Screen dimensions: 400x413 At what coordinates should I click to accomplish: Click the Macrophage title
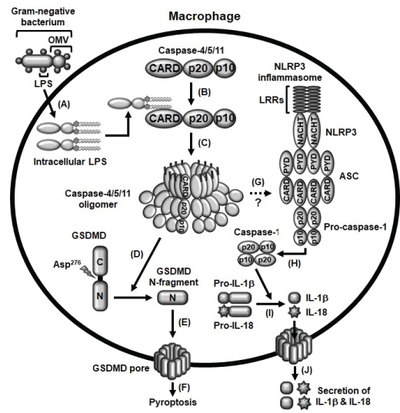pos(205,17)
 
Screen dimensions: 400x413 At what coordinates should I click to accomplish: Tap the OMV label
pos(58,40)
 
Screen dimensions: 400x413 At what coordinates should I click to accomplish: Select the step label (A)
pos(64,105)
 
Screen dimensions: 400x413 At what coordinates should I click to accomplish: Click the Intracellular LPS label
pos(70,162)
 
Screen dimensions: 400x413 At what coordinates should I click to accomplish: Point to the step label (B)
pos(204,92)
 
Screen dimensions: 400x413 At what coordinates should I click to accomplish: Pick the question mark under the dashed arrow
pos(258,203)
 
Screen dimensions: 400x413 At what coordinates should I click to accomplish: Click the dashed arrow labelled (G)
pos(260,194)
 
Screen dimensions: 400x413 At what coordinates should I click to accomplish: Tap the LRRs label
pos(272,100)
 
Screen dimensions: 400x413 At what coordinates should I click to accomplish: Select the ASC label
pos(349,176)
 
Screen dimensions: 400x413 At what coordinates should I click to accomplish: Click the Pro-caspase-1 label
pos(355,227)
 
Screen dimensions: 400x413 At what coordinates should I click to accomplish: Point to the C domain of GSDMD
pos(100,262)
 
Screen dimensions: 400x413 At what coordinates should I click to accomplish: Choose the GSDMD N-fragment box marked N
pos(172,298)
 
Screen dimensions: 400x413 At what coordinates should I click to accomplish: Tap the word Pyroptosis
pos(173,402)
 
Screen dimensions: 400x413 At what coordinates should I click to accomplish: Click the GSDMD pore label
pos(121,368)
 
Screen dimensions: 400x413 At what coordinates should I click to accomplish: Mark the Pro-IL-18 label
pos(234,325)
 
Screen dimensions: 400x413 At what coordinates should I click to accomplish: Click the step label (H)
pos(294,263)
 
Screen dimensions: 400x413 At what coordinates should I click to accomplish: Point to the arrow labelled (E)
pos(172,324)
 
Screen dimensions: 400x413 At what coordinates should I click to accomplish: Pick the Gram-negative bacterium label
pos(43,17)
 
